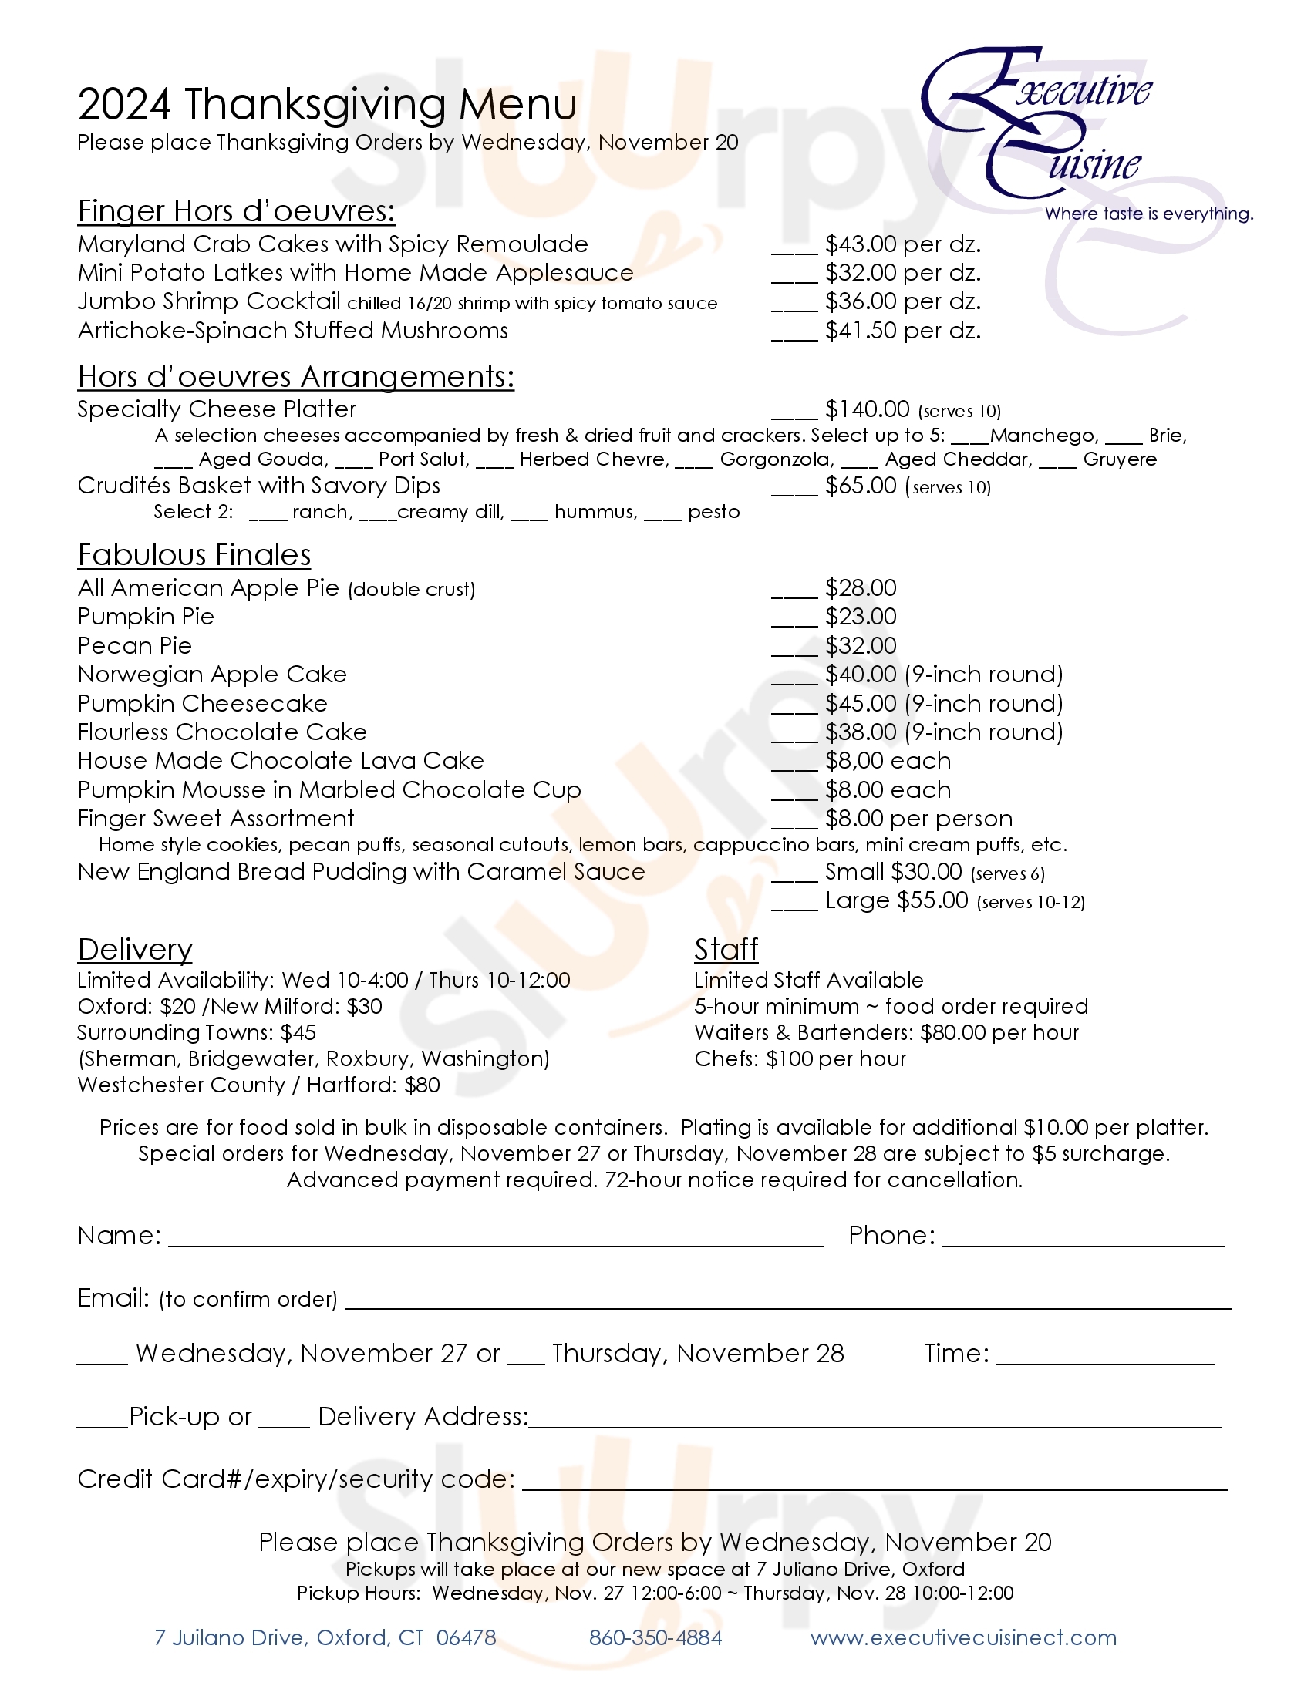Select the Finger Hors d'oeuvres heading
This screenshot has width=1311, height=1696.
[x=236, y=211]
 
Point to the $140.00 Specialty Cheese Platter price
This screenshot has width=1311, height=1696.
[x=867, y=409]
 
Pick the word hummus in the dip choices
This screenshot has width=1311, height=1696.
[x=595, y=512]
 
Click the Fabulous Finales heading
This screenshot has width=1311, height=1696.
[x=194, y=555]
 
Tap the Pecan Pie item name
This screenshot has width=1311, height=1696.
[x=134, y=645]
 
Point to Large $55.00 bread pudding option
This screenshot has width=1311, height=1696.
[x=896, y=900]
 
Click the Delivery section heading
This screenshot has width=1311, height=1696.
[x=134, y=950]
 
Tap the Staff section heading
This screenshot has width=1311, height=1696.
[x=726, y=950]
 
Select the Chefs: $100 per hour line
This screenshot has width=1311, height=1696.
[x=800, y=1059]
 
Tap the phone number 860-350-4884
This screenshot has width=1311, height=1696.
[x=655, y=1637]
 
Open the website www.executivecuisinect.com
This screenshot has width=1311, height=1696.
[x=963, y=1637]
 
